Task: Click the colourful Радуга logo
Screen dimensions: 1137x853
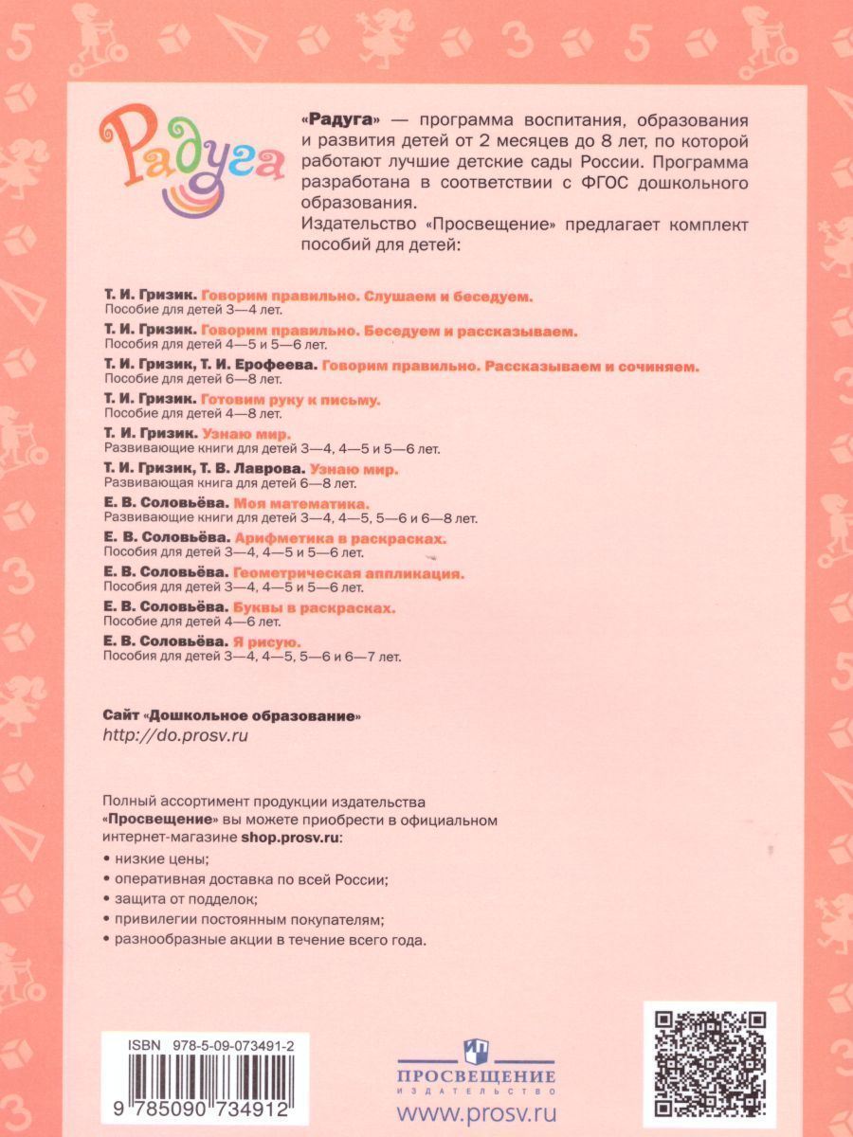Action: tap(189, 158)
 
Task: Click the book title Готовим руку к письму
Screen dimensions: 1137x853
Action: tap(291, 400)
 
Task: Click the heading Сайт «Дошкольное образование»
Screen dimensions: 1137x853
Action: tap(232, 713)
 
